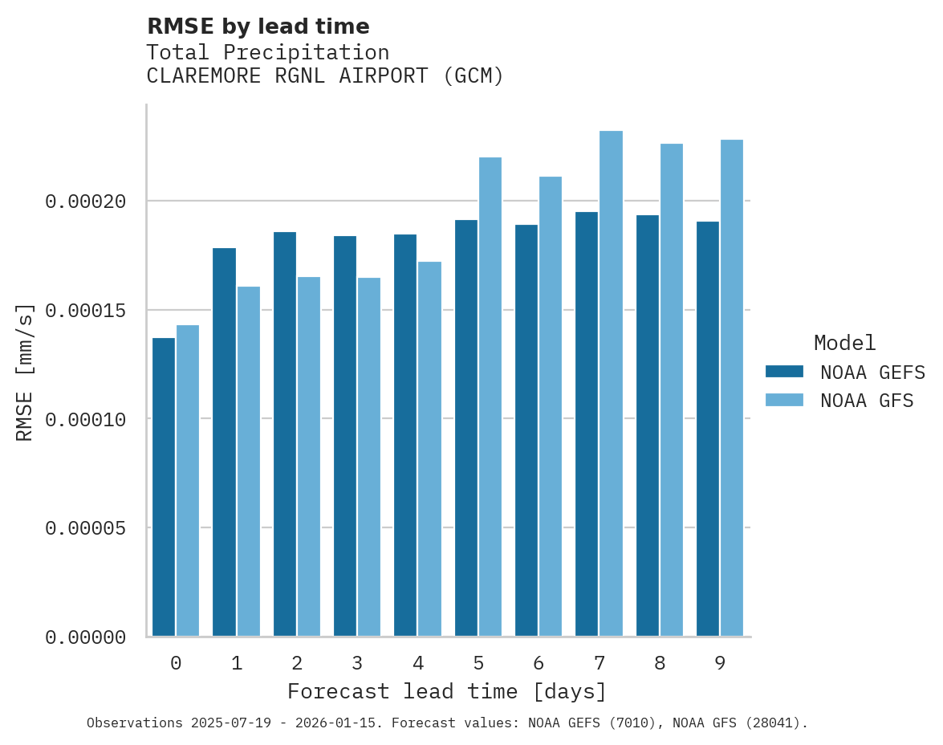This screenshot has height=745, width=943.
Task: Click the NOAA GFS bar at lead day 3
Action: tap(369, 457)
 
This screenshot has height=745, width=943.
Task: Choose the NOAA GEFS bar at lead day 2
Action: tap(285, 434)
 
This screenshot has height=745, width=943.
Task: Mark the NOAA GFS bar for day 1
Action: tap(249, 461)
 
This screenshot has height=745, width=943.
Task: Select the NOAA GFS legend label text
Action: tap(867, 401)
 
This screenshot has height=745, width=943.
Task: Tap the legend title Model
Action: tap(844, 343)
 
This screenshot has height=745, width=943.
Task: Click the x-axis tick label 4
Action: tap(418, 664)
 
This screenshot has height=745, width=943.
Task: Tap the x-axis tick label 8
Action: tap(660, 664)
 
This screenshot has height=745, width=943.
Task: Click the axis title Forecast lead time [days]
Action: tap(447, 691)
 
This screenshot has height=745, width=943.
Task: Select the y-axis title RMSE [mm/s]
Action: tap(25, 372)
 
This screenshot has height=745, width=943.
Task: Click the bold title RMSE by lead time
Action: tap(258, 26)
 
